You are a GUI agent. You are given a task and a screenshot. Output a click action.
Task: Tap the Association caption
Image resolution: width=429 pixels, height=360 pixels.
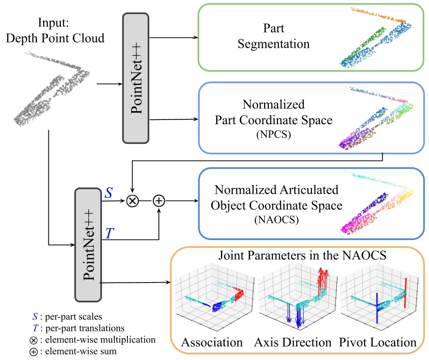pos(212,342)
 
